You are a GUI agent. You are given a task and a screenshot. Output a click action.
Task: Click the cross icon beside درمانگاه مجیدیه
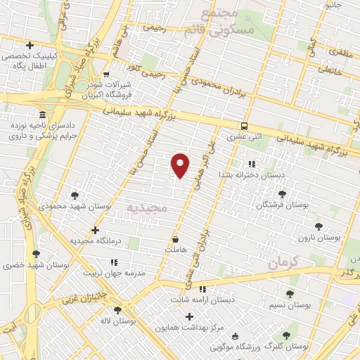[x=96, y=230]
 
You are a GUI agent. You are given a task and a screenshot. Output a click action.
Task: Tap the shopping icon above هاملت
[x=174, y=238]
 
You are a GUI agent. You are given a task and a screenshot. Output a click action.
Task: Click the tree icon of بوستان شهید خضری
[x=35, y=254]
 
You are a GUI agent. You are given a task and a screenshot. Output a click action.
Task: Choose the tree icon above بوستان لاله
[x=117, y=309]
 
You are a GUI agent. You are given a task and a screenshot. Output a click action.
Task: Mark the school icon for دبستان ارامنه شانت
[x=202, y=289]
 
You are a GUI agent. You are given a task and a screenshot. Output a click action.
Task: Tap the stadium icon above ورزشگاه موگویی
[x=234, y=335]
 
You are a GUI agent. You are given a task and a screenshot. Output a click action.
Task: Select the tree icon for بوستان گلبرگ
[x=285, y=335]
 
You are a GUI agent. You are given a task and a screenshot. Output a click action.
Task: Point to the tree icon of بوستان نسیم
[x=290, y=294]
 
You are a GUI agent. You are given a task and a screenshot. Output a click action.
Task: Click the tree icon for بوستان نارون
[x=319, y=226]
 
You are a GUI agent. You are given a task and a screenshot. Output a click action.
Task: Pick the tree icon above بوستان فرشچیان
[x=282, y=193]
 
